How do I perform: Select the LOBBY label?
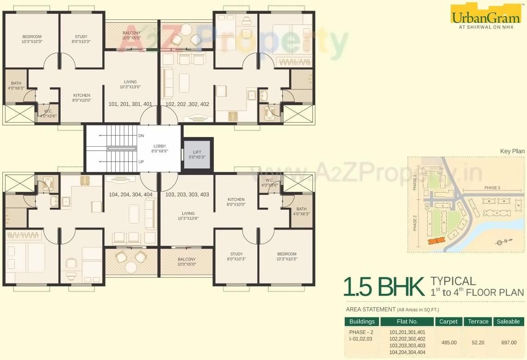tap(159, 148)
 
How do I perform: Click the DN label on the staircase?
tap(141, 136)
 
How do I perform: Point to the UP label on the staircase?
tap(141, 162)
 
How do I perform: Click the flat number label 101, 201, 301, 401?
tap(130, 104)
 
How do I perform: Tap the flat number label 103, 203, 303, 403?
tap(187, 195)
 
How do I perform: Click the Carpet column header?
tap(448, 322)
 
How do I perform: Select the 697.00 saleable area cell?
tap(508, 342)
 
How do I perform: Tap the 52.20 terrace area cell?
tap(478, 342)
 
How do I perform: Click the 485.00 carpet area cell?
tap(448, 342)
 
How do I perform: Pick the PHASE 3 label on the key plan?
tap(492, 188)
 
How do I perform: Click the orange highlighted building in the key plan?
tap(435, 241)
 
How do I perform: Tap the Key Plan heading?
tap(512, 151)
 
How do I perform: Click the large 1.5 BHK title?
tap(384, 286)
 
